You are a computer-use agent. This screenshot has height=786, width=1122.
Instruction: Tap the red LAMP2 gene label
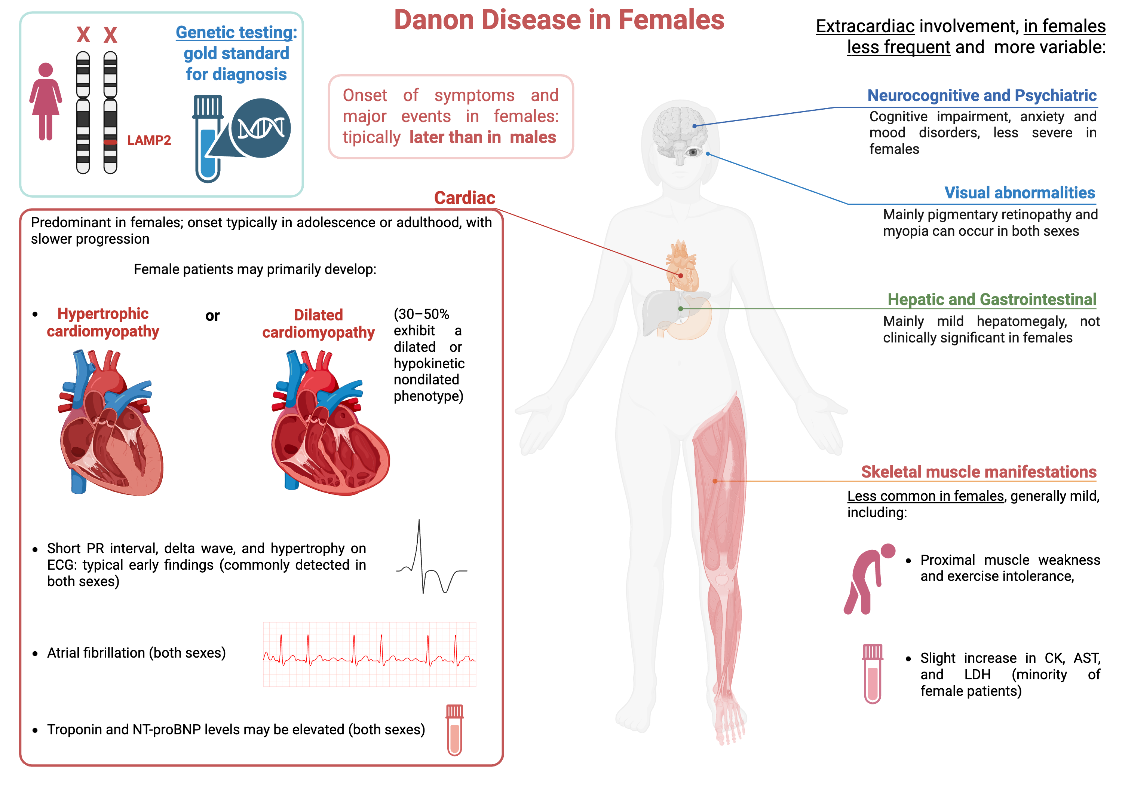click(x=149, y=140)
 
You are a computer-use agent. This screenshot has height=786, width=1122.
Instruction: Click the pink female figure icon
click(x=46, y=102)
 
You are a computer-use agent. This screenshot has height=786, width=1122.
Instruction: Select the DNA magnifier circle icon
click(x=260, y=128)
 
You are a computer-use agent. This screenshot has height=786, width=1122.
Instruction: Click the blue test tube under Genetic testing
click(x=207, y=139)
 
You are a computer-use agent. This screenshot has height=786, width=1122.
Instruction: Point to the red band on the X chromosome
click(x=110, y=142)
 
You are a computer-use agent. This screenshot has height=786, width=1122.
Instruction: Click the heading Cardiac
click(x=464, y=198)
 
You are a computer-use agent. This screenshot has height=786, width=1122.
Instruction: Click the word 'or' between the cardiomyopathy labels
click(x=212, y=316)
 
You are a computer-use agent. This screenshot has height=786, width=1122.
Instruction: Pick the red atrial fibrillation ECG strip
click(x=370, y=654)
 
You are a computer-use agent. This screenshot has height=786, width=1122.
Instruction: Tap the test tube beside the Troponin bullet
click(x=454, y=730)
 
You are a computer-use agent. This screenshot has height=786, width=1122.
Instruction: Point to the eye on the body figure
click(x=693, y=153)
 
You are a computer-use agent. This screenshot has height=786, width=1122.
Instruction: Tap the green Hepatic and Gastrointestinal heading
click(x=991, y=299)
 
